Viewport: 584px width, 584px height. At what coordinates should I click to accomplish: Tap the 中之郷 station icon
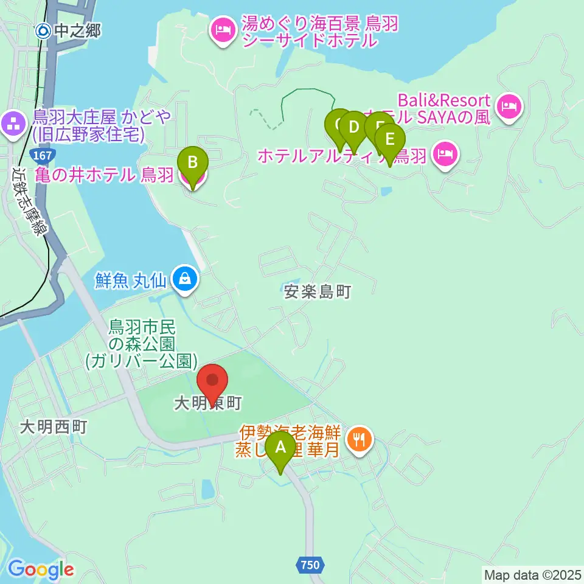coord(43,30)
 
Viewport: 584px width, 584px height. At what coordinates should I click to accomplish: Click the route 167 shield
coord(43,156)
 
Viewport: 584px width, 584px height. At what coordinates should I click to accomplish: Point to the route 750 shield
coord(310,565)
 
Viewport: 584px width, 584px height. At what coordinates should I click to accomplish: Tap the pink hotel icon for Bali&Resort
coord(507,108)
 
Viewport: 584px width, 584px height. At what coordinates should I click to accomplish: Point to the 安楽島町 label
coord(318,292)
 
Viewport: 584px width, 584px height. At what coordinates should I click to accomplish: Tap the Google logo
coord(41,569)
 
